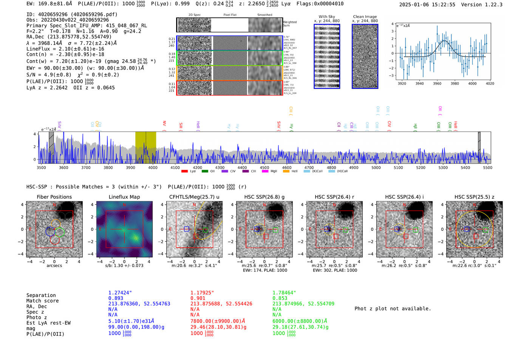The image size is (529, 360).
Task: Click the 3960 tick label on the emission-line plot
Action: tap(437, 83)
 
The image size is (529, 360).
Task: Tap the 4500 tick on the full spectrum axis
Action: tap(264, 167)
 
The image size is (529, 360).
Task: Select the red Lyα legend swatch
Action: tap(184, 172)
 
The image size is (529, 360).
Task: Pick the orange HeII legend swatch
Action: tap(286, 172)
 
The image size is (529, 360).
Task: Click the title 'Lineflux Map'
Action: tap(124, 197)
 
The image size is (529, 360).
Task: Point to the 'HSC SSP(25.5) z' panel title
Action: tap(474, 197)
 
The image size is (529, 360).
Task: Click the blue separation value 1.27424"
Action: tap(120, 293)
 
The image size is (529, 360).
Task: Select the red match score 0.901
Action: tap(198, 298)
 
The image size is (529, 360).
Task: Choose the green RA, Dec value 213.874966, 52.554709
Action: tap(303, 304)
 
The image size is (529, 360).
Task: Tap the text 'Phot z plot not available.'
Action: tap(393, 309)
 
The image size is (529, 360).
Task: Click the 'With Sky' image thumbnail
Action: tap(327, 56)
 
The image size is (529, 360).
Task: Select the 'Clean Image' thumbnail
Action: tap(365, 56)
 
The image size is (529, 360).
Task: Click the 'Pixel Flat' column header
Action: tap(230, 15)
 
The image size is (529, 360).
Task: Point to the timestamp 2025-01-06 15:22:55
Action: tap(427, 5)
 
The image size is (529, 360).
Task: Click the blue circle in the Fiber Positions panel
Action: tap(50, 232)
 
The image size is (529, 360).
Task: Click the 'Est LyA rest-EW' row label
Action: tap(48, 323)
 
